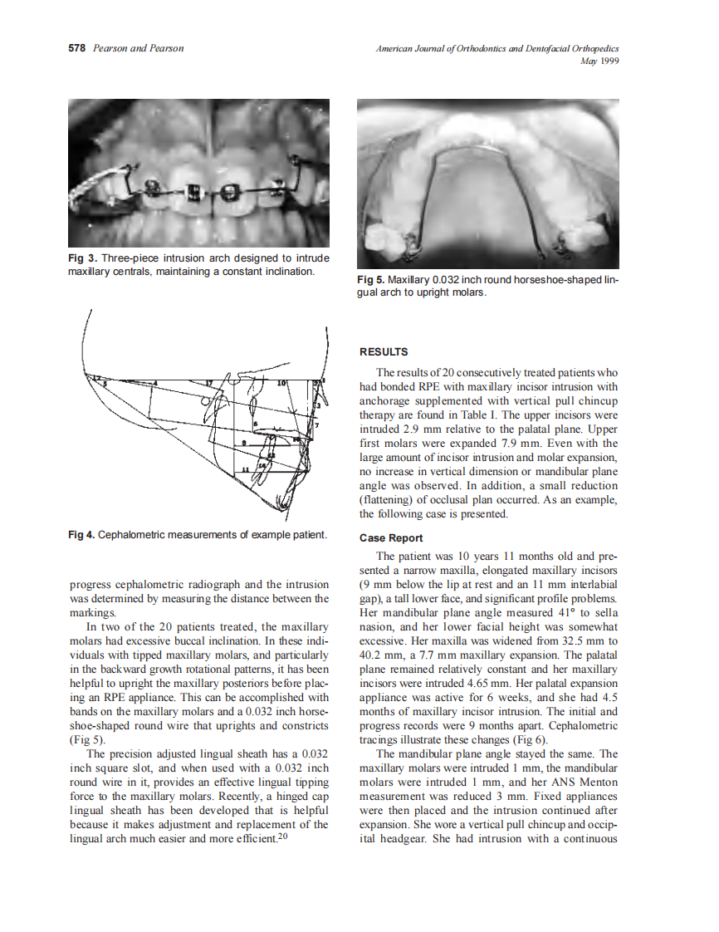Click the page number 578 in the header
pos(76,48)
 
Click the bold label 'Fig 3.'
pos(83,259)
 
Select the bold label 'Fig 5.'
pos(371,280)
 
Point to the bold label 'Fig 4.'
pos(82,534)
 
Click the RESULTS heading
pos(383,352)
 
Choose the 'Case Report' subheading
pos(391,538)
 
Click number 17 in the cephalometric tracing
pos(208,383)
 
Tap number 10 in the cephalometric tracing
pos(281,382)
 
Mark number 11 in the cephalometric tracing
pos(245,471)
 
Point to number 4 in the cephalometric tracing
pos(155,383)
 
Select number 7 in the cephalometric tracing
pos(316,424)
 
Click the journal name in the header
pos(497,49)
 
